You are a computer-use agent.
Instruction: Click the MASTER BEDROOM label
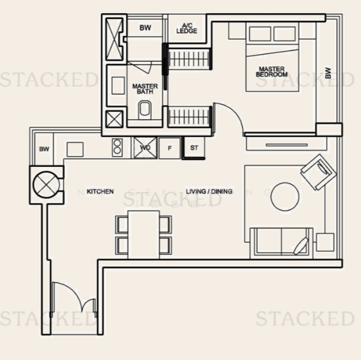pyautogui.click(x=272, y=71)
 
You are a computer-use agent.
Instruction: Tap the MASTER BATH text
pyautogui.click(x=145, y=89)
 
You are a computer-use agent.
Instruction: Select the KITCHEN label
pyautogui.click(x=100, y=191)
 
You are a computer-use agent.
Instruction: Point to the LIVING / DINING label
pyautogui.click(x=209, y=191)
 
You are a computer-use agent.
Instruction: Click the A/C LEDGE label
pyautogui.click(x=186, y=28)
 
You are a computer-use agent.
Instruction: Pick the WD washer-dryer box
pyautogui.click(x=145, y=147)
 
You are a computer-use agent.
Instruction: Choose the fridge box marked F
pyautogui.click(x=170, y=148)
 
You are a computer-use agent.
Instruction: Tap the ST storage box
pyautogui.click(x=194, y=148)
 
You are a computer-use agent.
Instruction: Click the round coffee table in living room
pyautogui.click(x=285, y=196)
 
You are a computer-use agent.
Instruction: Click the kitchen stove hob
pyautogui.click(x=117, y=147)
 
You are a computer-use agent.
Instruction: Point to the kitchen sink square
pyautogui.click(x=75, y=149)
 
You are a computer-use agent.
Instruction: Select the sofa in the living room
pyautogui.click(x=280, y=242)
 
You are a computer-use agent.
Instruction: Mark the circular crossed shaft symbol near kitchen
pyautogui.click(x=46, y=183)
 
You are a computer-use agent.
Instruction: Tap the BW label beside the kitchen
pyautogui.click(x=44, y=149)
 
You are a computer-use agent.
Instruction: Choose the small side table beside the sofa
pyautogui.click(x=324, y=242)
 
